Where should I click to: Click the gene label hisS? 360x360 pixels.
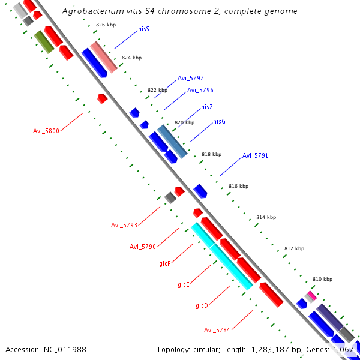coord(143,28)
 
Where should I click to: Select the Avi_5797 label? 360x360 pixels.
coord(190,78)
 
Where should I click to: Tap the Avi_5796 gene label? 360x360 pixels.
coord(200,90)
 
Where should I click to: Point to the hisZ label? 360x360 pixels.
coord(207,106)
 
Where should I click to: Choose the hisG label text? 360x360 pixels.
coord(219,121)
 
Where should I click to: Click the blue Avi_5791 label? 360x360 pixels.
coord(255,155)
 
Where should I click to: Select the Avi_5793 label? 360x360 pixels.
coord(124,225)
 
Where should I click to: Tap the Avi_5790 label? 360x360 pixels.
coord(143,247)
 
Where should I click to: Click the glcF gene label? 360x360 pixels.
coord(165,263)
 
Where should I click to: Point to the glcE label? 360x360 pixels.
coord(184,284)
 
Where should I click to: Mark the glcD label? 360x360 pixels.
coord(202,305)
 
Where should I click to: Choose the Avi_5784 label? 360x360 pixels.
coord(217,329)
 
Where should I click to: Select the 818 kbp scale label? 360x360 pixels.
coord(211,154)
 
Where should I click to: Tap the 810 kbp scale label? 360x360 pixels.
coord(322,280)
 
